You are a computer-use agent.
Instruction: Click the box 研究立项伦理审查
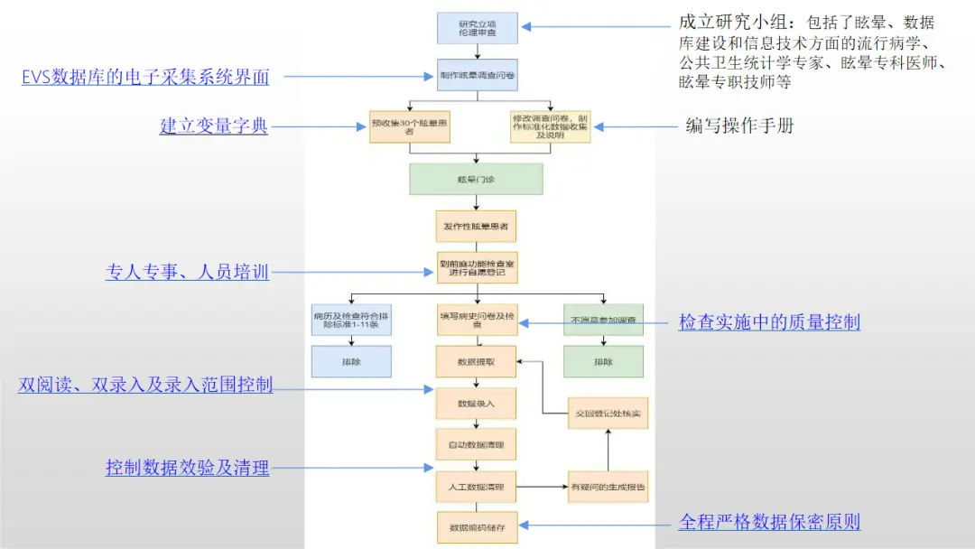476,28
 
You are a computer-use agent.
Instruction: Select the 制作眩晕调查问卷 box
476,76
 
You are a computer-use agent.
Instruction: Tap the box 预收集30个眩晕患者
409,126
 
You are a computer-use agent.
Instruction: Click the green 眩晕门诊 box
476,179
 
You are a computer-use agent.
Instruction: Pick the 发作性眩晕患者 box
476,226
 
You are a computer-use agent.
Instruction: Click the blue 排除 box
351,361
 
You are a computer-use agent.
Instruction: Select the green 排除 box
603,361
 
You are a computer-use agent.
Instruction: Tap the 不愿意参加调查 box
603,320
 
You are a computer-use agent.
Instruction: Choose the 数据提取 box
476,361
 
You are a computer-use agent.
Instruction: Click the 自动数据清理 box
476,445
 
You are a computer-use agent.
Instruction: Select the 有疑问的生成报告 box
608,487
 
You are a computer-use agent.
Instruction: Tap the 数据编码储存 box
476,527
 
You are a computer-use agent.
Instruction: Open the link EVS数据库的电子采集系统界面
145,77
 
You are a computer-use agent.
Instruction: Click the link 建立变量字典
214,126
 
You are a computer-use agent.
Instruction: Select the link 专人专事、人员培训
188,272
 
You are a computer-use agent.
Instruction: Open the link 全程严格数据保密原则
769,522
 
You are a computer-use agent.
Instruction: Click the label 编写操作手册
740,126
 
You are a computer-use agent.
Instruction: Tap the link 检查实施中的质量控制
769,321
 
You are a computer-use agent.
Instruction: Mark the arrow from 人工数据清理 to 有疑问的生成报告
542,487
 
